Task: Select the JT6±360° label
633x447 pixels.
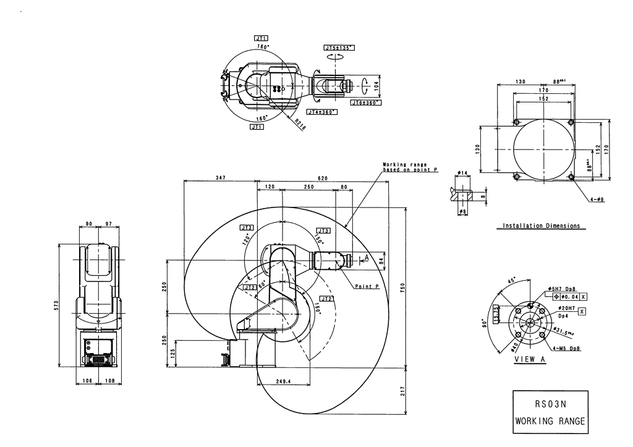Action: tap(365, 102)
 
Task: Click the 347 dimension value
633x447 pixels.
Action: tap(221, 178)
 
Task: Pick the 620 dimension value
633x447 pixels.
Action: tap(323, 178)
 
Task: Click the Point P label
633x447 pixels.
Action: tap(367, 286)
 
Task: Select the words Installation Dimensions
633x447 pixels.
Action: tap(542, 226)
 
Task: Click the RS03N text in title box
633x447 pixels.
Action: tap(550, 406)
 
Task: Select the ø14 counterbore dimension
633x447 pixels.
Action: tap(462, 173)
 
